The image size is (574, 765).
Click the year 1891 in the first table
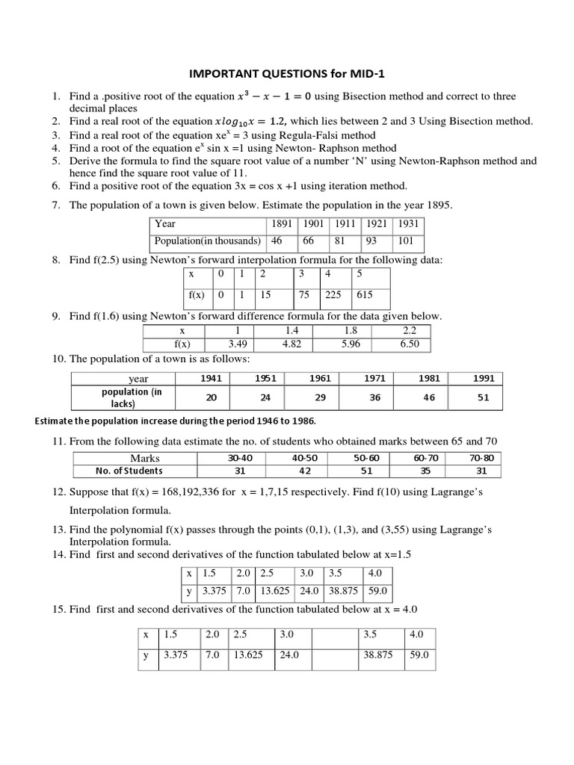[282, 223]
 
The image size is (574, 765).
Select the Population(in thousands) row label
[207, 241]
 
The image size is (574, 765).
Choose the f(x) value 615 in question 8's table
[364, 294]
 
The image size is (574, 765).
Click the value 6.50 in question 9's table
[410, 344]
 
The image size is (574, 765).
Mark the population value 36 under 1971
[374, 397]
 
